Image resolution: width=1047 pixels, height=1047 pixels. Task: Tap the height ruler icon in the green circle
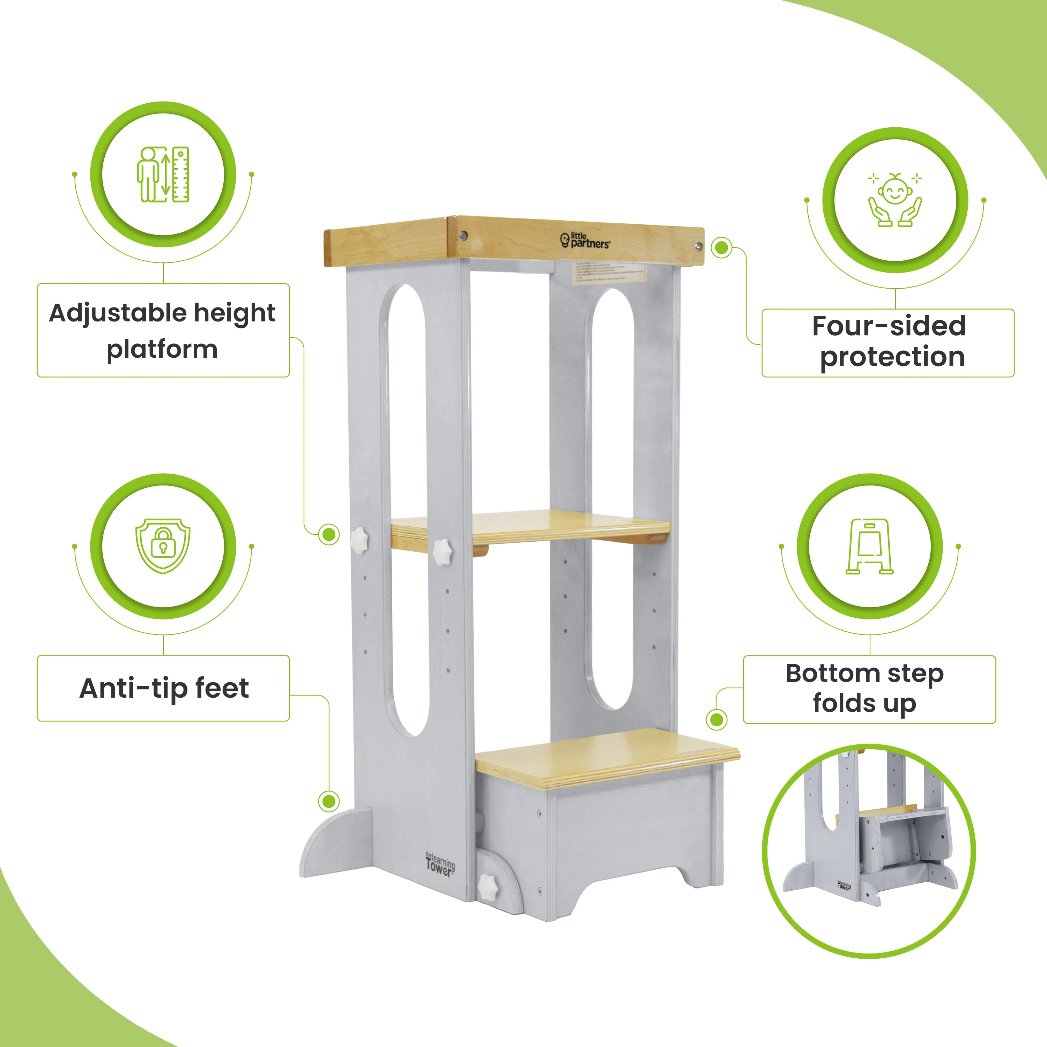pos(163,174)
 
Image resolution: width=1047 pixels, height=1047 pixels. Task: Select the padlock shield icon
pos(163,546)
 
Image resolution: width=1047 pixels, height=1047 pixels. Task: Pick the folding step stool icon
pos(869,546)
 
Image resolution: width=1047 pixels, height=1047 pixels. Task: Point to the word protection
pos(892,357)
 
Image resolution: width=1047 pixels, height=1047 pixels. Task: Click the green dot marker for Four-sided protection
pos(721,248)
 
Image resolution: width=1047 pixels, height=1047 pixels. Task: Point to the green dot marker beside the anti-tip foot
pos(328,801)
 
